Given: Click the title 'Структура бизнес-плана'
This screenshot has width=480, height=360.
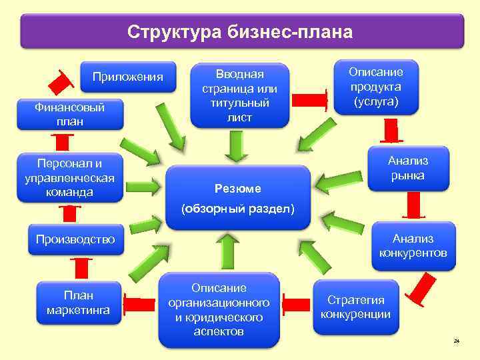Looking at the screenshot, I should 240,31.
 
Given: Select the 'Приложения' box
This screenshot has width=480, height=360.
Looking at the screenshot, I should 127,77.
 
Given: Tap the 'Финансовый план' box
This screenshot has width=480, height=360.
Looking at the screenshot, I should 69,114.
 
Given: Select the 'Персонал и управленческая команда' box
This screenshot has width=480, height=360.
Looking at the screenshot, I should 69,177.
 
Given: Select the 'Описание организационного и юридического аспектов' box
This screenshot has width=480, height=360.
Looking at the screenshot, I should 219,309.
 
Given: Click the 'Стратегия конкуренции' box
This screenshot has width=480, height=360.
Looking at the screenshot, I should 356,307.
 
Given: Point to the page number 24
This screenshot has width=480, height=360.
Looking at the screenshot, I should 457,341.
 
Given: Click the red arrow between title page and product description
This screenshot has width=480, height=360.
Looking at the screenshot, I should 311,99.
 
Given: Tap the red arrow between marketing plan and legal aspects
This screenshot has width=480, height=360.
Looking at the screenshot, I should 142,305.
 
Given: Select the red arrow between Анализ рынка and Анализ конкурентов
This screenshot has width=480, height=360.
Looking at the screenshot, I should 415,204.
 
